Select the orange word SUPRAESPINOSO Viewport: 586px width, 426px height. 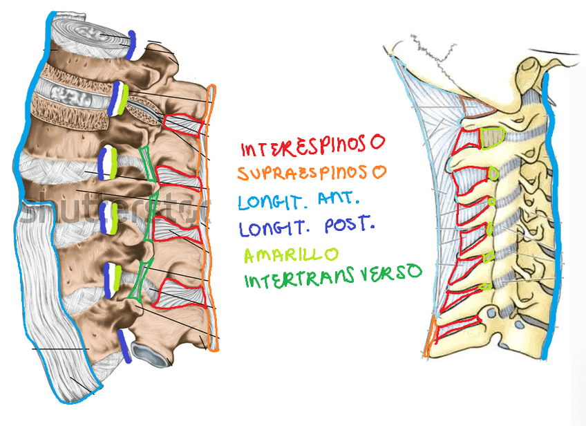[x=311, y=173]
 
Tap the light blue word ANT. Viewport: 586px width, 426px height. [x=339, y=200]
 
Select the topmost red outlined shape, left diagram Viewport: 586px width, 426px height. [x=184, y=125]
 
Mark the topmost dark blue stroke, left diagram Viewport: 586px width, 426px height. [x=131, y=44]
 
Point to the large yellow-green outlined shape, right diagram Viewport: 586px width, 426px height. [x=491, y=137]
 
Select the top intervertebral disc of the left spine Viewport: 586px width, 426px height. [x=86, y=31]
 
